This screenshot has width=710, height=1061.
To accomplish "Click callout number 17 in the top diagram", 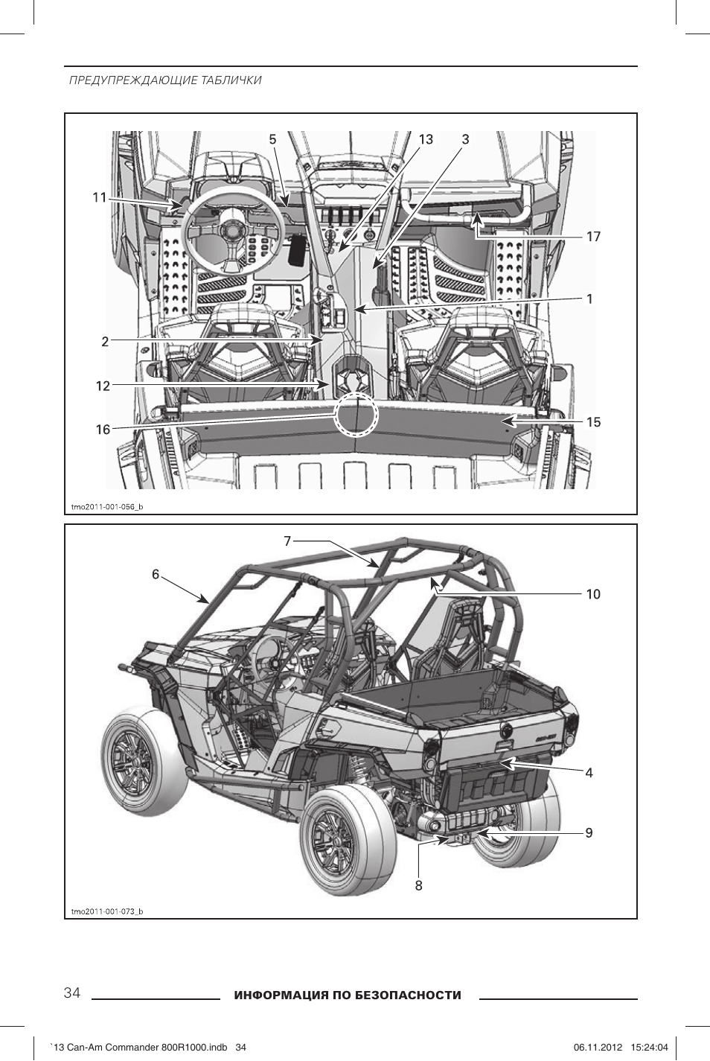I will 592,237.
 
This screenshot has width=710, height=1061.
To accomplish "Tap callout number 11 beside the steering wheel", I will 99,197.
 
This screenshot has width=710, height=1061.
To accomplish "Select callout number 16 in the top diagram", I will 103,430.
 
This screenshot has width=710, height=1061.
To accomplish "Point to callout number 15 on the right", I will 592,422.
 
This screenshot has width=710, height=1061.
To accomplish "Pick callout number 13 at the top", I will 425,139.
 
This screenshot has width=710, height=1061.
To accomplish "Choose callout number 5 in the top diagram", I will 272,139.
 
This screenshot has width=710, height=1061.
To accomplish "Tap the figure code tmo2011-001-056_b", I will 106,507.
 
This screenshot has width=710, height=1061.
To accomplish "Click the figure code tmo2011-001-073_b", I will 106,911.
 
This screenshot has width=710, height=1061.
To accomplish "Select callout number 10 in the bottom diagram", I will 592,594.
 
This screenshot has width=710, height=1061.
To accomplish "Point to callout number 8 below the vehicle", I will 419,885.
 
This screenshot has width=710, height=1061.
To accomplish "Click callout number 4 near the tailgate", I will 589,773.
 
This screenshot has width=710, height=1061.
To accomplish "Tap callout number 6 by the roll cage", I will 156,574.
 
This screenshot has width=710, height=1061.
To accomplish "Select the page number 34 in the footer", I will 72,993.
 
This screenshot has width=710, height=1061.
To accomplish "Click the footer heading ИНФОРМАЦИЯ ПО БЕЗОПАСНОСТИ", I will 348,995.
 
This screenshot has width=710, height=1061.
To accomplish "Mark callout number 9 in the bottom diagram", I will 589,833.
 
